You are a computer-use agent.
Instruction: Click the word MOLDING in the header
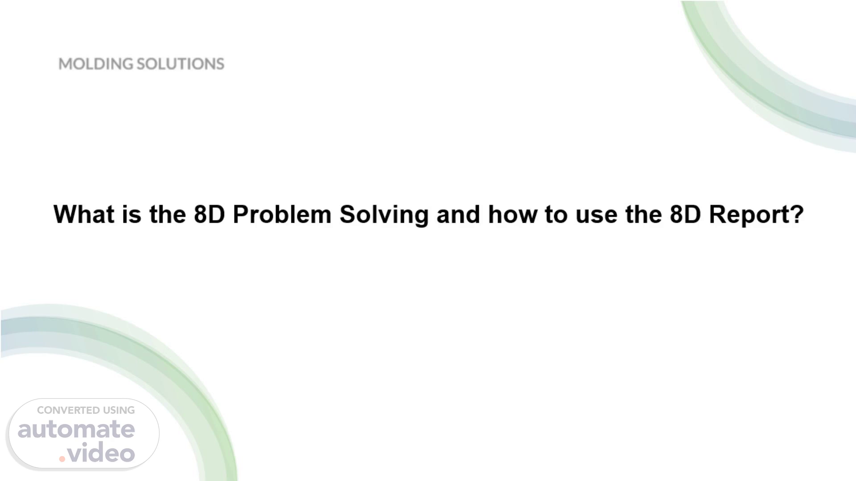[96, 64]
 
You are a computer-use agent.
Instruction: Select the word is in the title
[132, 214]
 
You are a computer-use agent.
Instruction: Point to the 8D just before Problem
[209, 214]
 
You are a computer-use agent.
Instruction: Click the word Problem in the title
[282, 214]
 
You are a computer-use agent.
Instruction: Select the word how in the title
[512, 214]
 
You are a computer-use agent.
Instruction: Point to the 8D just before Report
[685, 214]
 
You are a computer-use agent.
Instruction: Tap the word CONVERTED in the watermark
[68, 410]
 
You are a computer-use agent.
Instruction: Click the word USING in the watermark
[119, 410]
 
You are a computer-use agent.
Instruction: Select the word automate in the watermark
[76, 429]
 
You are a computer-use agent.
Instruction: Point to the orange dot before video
[62, 459]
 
